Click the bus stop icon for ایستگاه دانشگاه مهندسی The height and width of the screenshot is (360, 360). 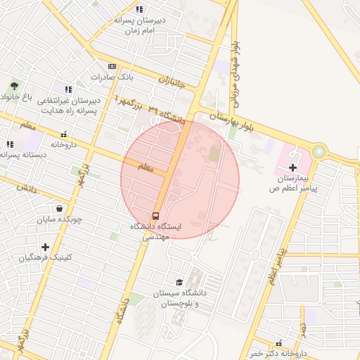click(155, 215)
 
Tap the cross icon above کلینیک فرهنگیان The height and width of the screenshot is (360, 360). click(46, 247)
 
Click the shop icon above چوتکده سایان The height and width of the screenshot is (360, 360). click(59, 209)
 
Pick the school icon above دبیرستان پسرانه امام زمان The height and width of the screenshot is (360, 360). click(139, 9)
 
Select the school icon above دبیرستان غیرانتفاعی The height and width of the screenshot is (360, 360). click(68, 89)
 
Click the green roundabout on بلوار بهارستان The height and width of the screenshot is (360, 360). click(320, 151)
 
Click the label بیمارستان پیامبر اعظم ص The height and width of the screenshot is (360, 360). click(293, 184)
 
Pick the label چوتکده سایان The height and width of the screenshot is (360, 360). click(60, 219)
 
